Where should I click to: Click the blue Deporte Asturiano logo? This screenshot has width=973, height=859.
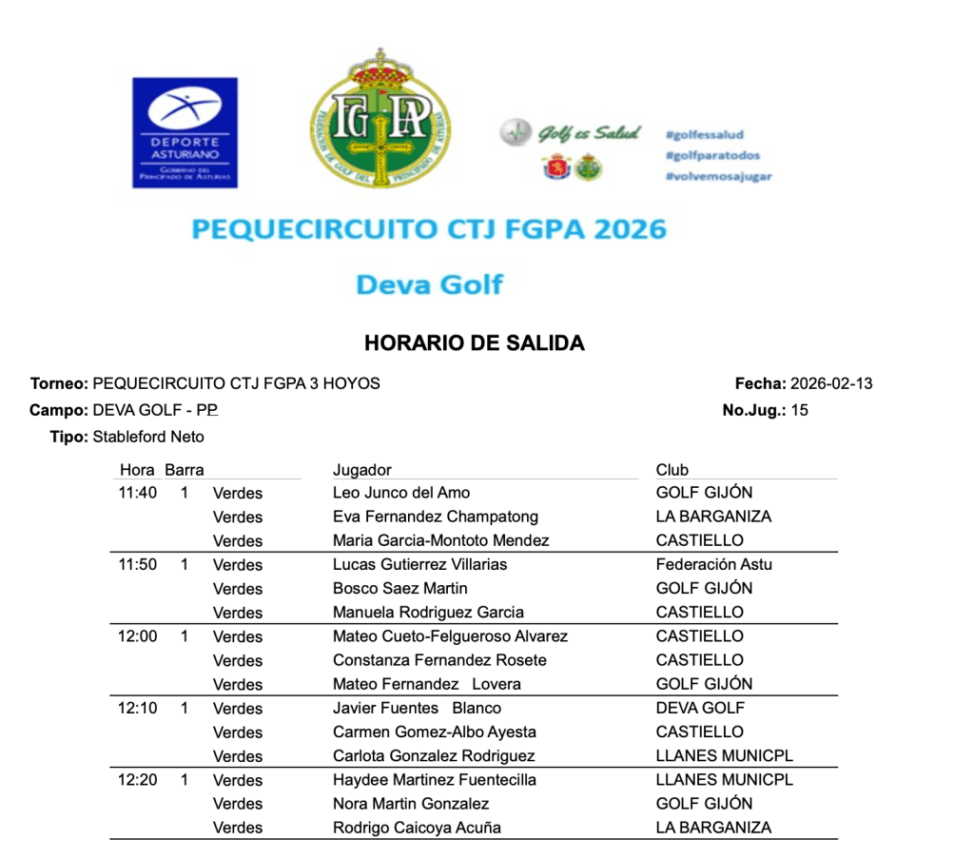pyautogui.click(x=185, y=131)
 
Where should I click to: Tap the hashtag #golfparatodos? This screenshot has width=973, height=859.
pyautogui.click(x=712, y=156)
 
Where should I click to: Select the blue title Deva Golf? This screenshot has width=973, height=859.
pyautogui.click(x=429, y=283)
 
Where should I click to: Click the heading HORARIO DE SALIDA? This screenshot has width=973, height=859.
pyautogui.click(x=474, y=343)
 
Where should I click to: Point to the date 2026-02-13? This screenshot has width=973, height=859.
pyautogui.click(x=831, y=384)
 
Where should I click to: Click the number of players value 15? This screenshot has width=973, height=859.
pyautogui.click(x=799, y=411)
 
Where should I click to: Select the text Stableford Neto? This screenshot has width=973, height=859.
pyautogui.click(x=148, y=438)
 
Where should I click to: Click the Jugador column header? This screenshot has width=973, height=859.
pyautogui.click(x=361, y=470)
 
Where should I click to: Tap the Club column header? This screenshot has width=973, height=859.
pyautogui.click(x=671, y=470)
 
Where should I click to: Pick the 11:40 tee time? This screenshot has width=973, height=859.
pyautogui.click(x=138, y=493)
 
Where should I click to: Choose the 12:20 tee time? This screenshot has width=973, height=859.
pyautogui.click(x=138, y=780)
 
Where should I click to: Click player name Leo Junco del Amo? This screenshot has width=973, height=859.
pyautogui.click(x=401, y=493)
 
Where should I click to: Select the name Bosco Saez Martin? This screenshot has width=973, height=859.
pyautogui.click(x=400, y=589)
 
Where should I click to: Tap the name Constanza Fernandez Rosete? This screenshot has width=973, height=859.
pyautogui.click(x=439, y=660)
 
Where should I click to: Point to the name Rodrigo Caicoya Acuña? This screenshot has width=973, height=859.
pyautogui.click(x=417, y=828)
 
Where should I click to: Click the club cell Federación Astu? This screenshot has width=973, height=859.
pyautogui.click(x=713, y=564)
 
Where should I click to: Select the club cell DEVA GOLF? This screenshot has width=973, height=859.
pyautogui.click(x=700, y=708)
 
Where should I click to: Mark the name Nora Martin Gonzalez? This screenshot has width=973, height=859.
pyautogui.click(x=411, y=804)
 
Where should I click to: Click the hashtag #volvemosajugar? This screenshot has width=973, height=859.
pyautogui.click(x=718, y=177)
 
